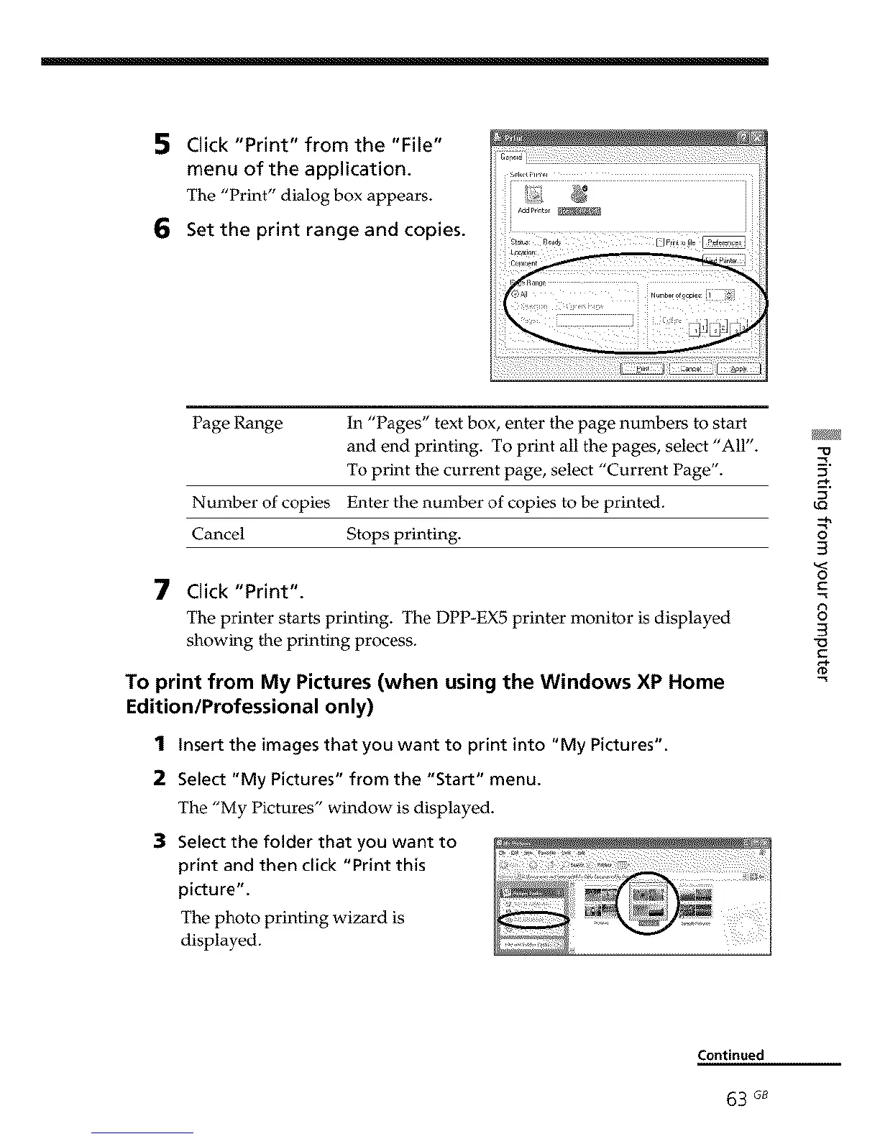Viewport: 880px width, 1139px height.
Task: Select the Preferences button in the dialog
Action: click(x=723, y=242)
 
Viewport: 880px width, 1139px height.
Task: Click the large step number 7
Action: click(x=162, y=591)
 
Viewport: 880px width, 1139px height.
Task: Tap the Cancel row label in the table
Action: click(x=218, y=534)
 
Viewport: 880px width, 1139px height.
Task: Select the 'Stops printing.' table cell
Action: click(x=403, y=534)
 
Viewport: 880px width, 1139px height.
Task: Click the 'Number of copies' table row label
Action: click(x=260, y=502)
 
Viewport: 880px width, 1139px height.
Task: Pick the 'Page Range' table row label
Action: click(x=237, y=423)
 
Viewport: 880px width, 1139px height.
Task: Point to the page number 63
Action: click(x=736, y=1100)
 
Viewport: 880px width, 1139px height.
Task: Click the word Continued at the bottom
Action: click(x=730, y=1055)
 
